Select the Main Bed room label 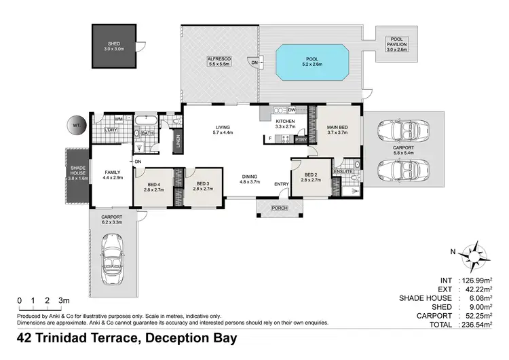pos(337,130)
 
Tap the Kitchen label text pos(284,123)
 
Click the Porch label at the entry pos(278,208)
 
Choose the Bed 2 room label pos(312,177)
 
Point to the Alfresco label pos(219,60)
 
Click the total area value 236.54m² pos(474,325)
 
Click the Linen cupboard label pos(178,141)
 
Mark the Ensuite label pos(343,173)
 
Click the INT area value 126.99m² pos(474,280)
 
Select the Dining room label pos(250,179)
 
